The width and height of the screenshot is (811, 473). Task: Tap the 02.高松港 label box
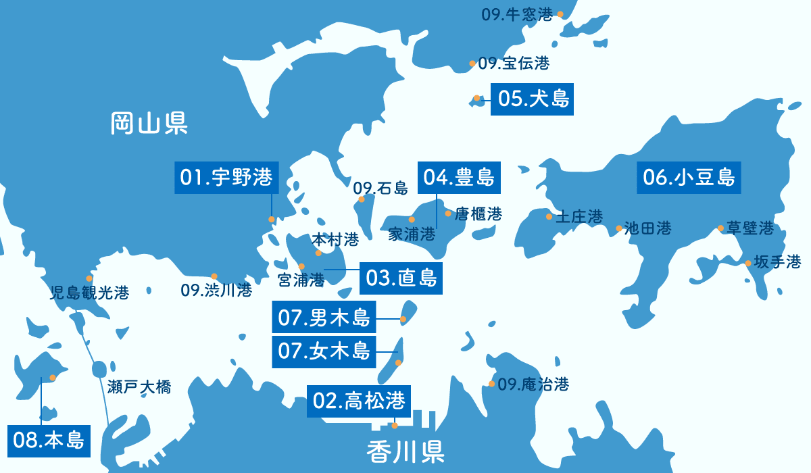pos(359,401)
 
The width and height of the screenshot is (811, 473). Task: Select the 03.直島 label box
pos(401,278)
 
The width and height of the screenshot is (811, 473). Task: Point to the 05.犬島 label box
pos(532,99)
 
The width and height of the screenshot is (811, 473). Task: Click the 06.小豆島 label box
pos(689,178)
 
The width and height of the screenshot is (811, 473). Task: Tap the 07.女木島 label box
pos(324,351)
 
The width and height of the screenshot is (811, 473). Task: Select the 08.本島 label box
pos(49,441)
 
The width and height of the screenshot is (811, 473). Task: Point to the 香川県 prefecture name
pos(405,451)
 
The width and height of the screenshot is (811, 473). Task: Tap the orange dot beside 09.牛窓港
pos(560,14)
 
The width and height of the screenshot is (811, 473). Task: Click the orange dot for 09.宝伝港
pos(472,64)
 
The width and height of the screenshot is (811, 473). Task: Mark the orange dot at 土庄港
pos(549,217)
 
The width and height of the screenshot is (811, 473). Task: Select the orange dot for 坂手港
pos(747,263)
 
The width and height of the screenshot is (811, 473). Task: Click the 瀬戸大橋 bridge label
pos(139,387)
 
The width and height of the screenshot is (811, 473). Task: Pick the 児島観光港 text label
pos(89,293)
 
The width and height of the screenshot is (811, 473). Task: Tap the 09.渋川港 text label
pos(216,291)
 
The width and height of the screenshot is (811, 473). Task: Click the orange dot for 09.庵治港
pos(491,384)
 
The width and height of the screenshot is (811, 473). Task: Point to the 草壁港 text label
pos(749,228)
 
